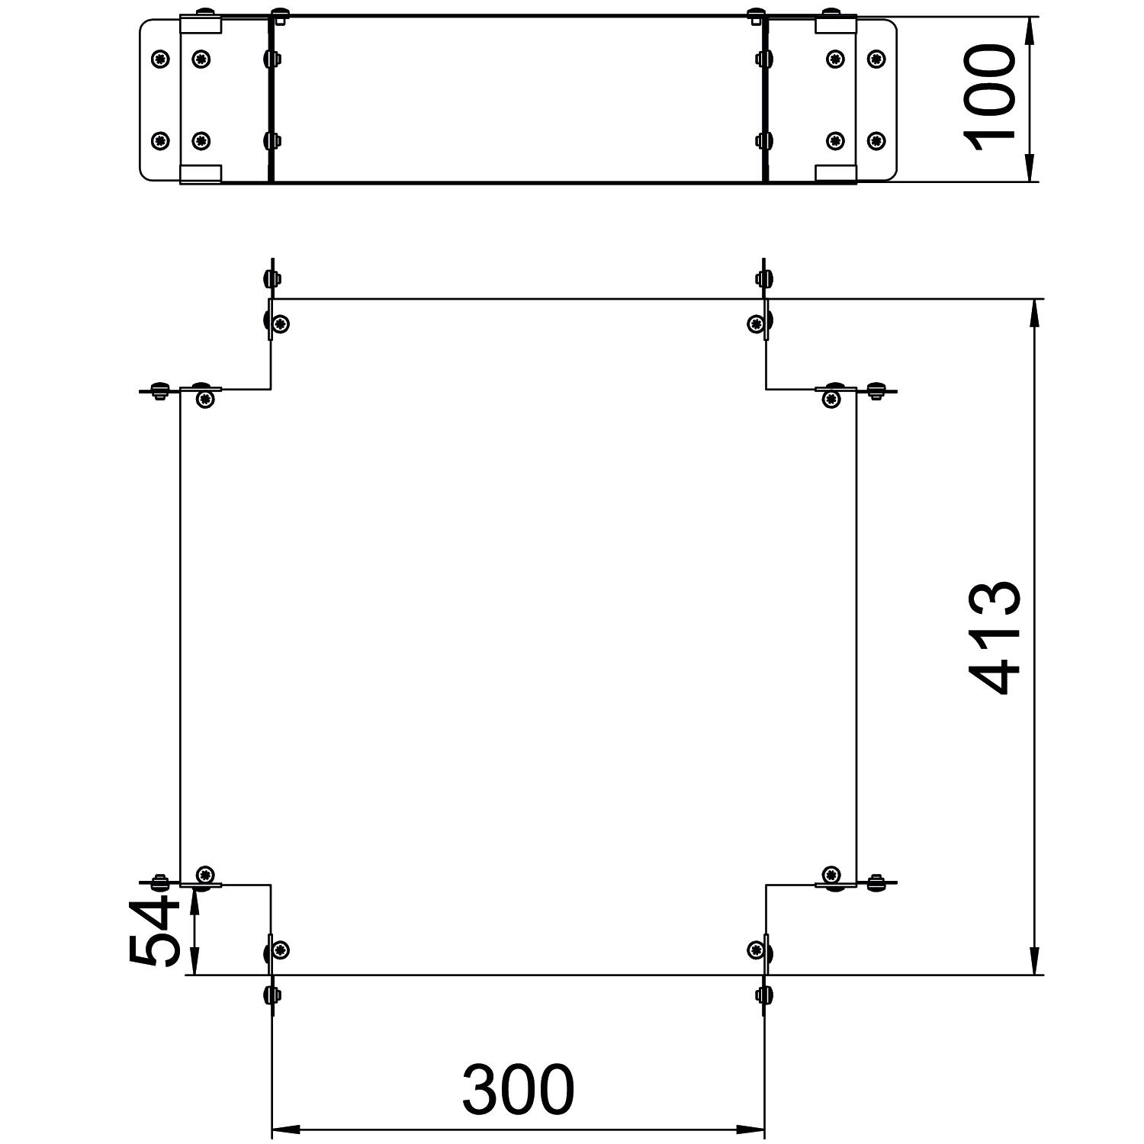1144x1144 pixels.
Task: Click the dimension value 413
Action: point(994,638)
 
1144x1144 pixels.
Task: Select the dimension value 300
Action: point(518,1088)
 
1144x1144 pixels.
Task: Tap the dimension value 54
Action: point(155,930)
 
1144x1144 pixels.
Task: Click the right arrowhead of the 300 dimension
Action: point(750,1129)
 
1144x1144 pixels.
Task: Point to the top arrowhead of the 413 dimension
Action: point(1034,313)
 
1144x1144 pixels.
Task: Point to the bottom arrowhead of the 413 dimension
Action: point(1034,960)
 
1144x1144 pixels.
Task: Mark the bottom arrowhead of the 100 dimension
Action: point(1030,168)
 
